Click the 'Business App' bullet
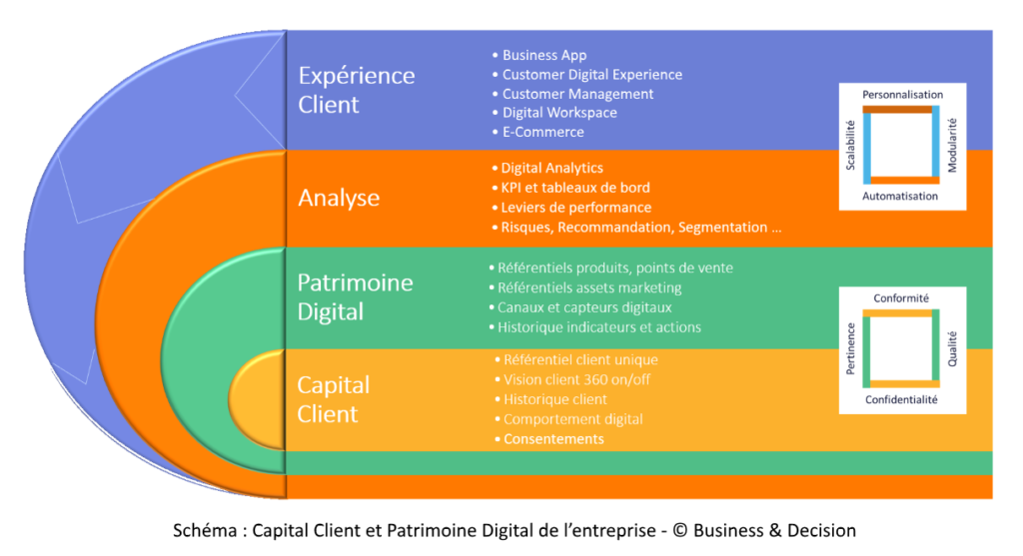pos(544,56)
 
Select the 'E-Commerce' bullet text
pos(543,132)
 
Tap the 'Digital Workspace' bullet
pos(559,113)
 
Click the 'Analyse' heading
pos(339,198)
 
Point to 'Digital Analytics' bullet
pos(551,169)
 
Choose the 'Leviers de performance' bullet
pos(575,208)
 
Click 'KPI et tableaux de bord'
pos(574,188)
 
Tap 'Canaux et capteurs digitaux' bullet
pos(584,307)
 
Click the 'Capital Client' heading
pos(334,399)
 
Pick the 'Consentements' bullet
pos(553,439)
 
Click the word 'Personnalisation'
pos(903,95)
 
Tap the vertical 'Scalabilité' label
pos(851,147)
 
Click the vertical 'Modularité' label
pos(952,147)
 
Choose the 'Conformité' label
pos(902,298)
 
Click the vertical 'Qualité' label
pos(952,350)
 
